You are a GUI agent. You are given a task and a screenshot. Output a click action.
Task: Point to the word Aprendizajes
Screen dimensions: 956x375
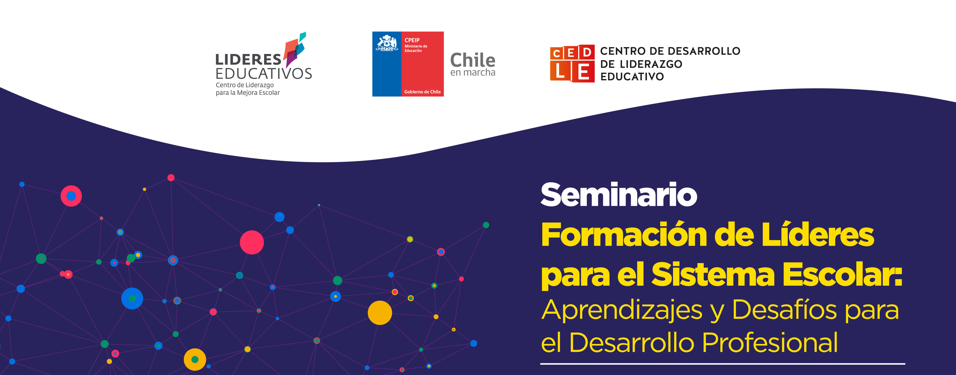[x=622, y=311]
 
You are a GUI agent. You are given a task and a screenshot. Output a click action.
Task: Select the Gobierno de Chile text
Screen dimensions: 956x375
[x=422, y=92]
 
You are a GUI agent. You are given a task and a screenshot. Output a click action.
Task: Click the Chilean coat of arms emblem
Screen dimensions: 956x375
[x=387, y=43]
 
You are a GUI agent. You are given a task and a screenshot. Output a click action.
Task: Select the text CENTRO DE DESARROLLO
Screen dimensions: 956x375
[x=670, y=51]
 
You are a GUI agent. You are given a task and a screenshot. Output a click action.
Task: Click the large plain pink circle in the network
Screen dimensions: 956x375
[x=252, y=242]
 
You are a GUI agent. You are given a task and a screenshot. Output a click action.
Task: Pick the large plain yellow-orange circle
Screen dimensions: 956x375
[x=380, y=313]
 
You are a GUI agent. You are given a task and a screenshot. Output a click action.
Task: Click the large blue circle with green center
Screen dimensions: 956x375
[x=132, y=298]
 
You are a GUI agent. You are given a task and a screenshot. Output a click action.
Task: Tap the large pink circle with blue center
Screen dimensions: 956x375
[x=71, y=196]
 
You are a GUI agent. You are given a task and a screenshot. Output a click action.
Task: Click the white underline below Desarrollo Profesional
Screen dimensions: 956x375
[x=722, y=364]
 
